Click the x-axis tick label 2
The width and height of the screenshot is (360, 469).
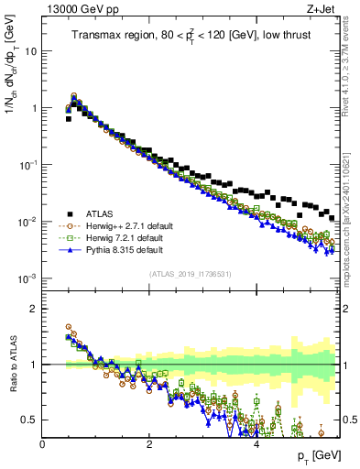point(149,444)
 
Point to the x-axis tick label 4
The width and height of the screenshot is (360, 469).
point(256,444)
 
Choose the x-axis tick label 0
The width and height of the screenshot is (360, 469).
point(43,444)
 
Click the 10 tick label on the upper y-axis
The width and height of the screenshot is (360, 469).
point(30,51)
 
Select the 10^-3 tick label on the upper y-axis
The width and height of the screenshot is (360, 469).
point(27,278)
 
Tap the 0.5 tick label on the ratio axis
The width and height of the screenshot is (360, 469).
point(30,420)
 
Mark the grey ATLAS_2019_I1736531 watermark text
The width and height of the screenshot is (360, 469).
point(191,274)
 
